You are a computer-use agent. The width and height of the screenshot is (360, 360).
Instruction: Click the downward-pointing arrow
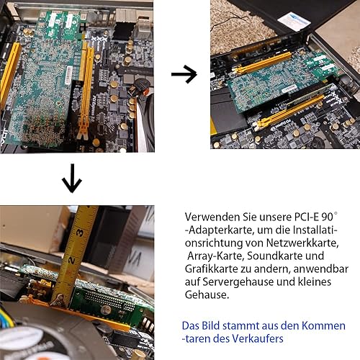pyautogui.click(x=72, y=181)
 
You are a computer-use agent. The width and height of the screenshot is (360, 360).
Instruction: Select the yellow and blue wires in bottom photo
pyautogui.click(x=6, y=317)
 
